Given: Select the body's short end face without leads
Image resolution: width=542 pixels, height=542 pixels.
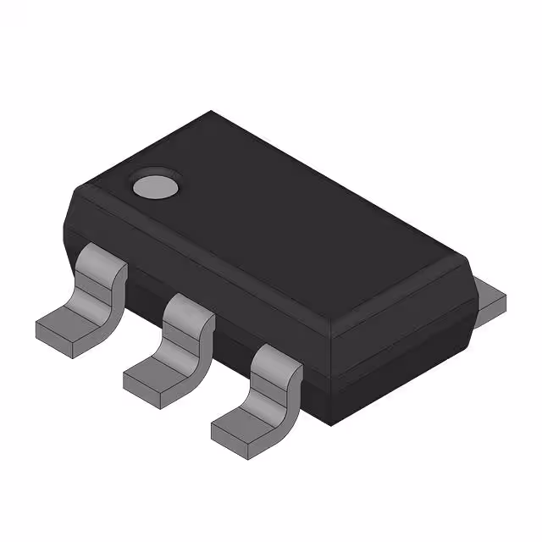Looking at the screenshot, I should (x=398, y=339).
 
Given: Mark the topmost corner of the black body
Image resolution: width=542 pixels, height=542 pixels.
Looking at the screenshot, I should (x=212, y=112).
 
